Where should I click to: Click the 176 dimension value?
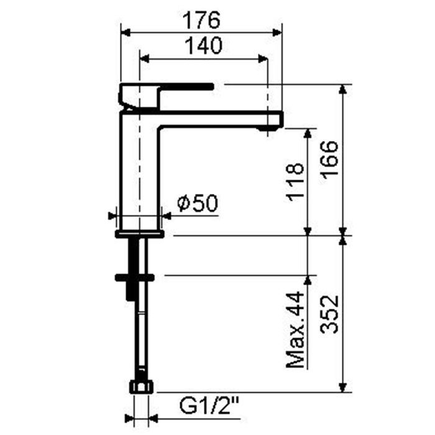tap(201, 21)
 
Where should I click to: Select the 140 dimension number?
tap(203, 46)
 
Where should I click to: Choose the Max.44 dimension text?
tap(296, 329)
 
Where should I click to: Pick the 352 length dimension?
tap(329, 314)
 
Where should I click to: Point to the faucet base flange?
tap(140, 234)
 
